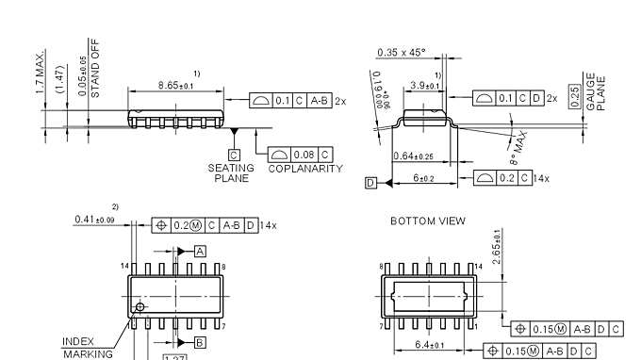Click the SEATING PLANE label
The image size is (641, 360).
(231, 172)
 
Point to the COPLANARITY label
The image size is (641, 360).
(305, 169)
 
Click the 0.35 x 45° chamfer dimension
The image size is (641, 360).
(402, 53)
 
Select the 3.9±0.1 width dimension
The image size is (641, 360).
(425, 86)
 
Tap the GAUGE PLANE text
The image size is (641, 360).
(597, 92)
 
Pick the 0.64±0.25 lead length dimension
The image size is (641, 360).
(414, 156)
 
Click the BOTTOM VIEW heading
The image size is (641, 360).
(427, 221)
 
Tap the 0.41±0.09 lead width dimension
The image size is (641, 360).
(94, 221)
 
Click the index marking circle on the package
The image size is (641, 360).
(140, 306)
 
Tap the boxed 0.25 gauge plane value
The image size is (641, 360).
(575, 96)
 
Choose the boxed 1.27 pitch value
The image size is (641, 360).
(175, 357)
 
